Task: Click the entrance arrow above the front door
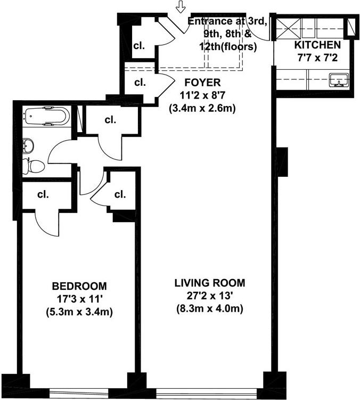click(x=181, y=7)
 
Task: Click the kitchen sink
click(x=339, y=80)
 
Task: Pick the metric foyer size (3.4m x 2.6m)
click(x=202, y=108)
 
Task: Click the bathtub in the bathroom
click(x=46, y=116)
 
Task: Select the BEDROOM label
click(x=79, y=285)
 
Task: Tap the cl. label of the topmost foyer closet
click(x=140, y=44)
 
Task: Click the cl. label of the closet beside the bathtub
click(x=110, y=120)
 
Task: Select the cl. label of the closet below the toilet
click(x=43, y=194)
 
